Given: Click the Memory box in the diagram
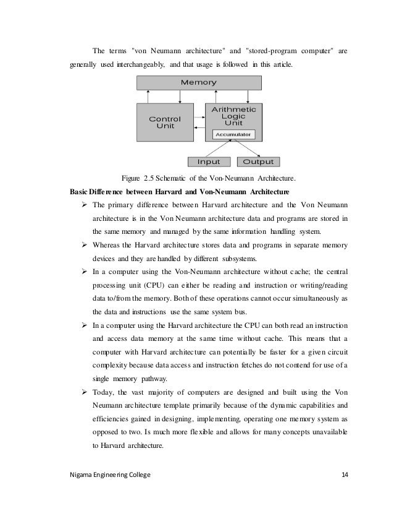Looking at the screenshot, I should (x=198, y=82).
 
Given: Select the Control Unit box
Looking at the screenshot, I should (x=165, y=122).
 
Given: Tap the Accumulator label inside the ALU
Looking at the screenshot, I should (x=232, y=134).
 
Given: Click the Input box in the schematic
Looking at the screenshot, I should (x=208, y=162).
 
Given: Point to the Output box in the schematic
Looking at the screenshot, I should (x=258, y=162).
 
